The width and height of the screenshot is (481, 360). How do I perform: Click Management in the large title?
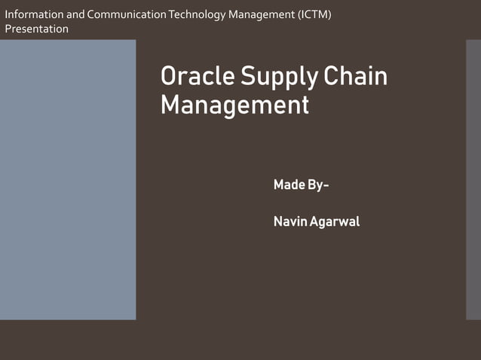tap(234, 105)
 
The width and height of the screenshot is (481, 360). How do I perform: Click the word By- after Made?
tap(318, 185)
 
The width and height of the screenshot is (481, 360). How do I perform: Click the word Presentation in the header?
tap(36, 29)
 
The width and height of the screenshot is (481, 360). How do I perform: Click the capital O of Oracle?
tap(170, 77)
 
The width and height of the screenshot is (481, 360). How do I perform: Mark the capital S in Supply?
tap(248, 77)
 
